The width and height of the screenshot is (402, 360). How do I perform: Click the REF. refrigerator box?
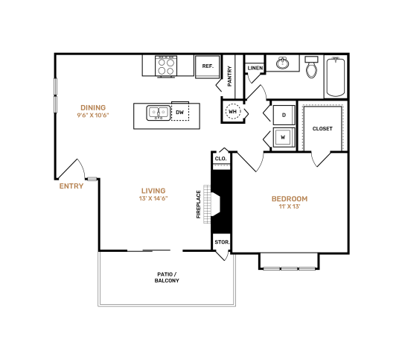[207, 66]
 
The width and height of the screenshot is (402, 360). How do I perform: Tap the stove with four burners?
[165, 66]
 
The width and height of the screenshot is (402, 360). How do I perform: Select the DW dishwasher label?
[179, 113]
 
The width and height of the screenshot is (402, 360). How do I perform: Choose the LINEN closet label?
[255, 68]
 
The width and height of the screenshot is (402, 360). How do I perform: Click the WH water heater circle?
[233, 113]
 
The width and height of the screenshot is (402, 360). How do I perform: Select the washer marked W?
[284, 137]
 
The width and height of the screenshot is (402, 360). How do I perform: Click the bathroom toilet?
[313, 70]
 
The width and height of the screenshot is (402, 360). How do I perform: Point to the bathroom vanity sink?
[283, 64]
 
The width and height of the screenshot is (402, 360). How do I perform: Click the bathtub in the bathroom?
[335, 76]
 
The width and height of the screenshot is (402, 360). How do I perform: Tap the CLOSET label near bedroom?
[322, 128]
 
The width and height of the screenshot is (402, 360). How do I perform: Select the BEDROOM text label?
[289, 198]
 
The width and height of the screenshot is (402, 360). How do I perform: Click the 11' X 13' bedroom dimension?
[289, 207]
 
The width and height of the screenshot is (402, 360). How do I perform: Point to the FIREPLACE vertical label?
[198, 204]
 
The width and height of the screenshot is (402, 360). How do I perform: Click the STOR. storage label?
[221, 242]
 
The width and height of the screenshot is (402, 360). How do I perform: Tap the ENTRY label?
[71, 186]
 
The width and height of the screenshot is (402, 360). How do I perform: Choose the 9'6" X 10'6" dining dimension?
[93, 116]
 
